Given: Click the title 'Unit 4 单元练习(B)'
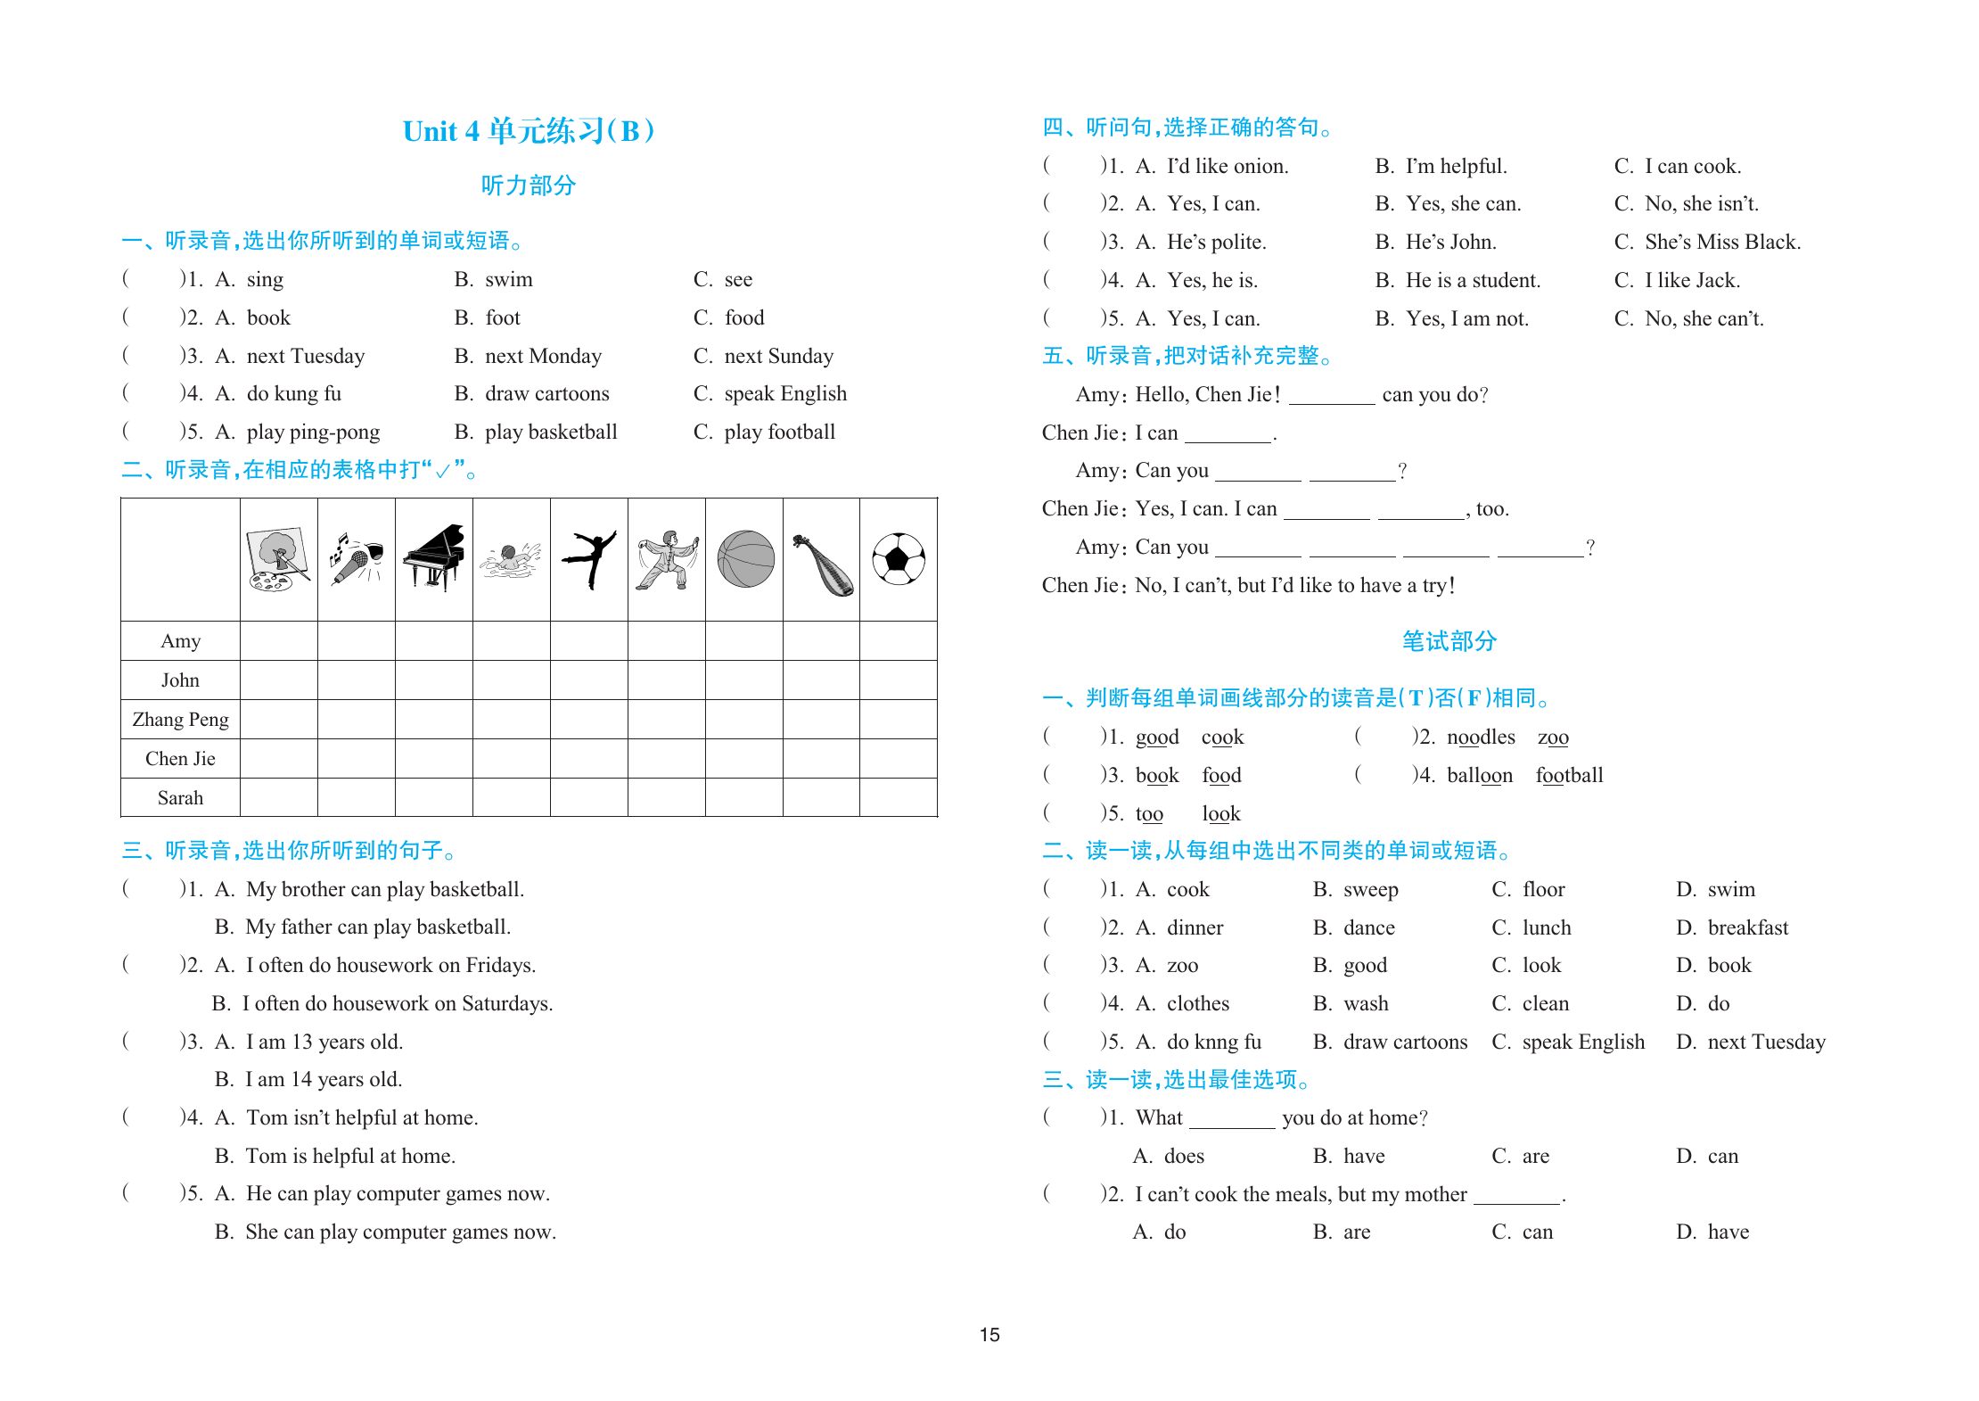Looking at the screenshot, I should click(x=529, y=131).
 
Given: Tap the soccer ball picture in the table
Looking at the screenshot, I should click(x=899, y=559).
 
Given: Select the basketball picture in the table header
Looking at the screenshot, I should click(x=745, y=559).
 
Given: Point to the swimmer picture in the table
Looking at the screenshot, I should click(x=511, y=560).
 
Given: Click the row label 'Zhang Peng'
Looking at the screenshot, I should click(x=180, y=720).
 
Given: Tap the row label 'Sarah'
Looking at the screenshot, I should click(x=180, y=798).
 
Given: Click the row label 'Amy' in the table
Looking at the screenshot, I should click(x=180, y=641).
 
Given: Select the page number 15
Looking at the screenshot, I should click(x=989, y=1335).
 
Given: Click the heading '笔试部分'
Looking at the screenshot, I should click(x=1449, y=641).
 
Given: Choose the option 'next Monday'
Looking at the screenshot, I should click(x=543, y=357).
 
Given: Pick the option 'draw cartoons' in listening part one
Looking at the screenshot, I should click(x=546, y=394).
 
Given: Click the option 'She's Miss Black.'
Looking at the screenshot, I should click(x=1722, y=243).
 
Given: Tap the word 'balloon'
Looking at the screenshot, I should click(x=1480, y=776).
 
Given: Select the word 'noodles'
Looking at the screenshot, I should click(x=1481, y=738).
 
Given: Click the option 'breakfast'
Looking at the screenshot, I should click(x=1747, y=928).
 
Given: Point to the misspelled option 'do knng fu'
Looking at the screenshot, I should click(x=1214, y=1043).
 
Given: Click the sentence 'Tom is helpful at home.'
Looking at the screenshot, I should click(x=350, y=1157).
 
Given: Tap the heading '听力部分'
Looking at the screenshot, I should click(x=529, y=185).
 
